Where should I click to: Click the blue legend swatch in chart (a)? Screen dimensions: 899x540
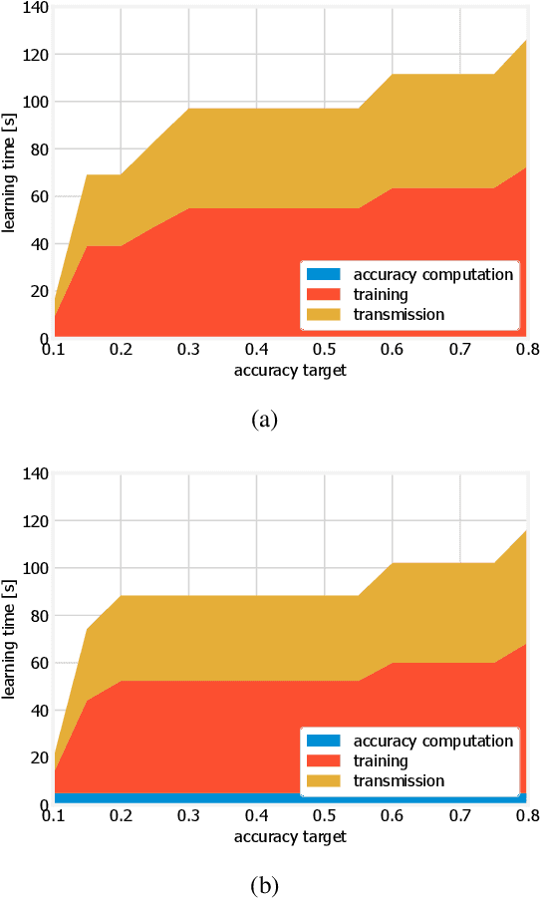pyautogui.click(x=323, y=274)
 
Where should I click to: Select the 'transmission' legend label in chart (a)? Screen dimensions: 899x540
pyautogui.click(x=399, y=314)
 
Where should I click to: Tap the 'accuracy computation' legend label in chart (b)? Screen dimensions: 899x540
pyautogui.click(x=433, y=741)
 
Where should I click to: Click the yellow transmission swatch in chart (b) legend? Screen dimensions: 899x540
pyautogui.click(x=323, y=780)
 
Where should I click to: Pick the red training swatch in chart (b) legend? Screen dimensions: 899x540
pyautogui.click(x=323, y=760)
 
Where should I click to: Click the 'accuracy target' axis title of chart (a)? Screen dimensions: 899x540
pyautogui.click(x=290, y=371)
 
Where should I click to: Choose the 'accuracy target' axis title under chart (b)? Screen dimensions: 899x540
pyautogui.click(x=290, y=837)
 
